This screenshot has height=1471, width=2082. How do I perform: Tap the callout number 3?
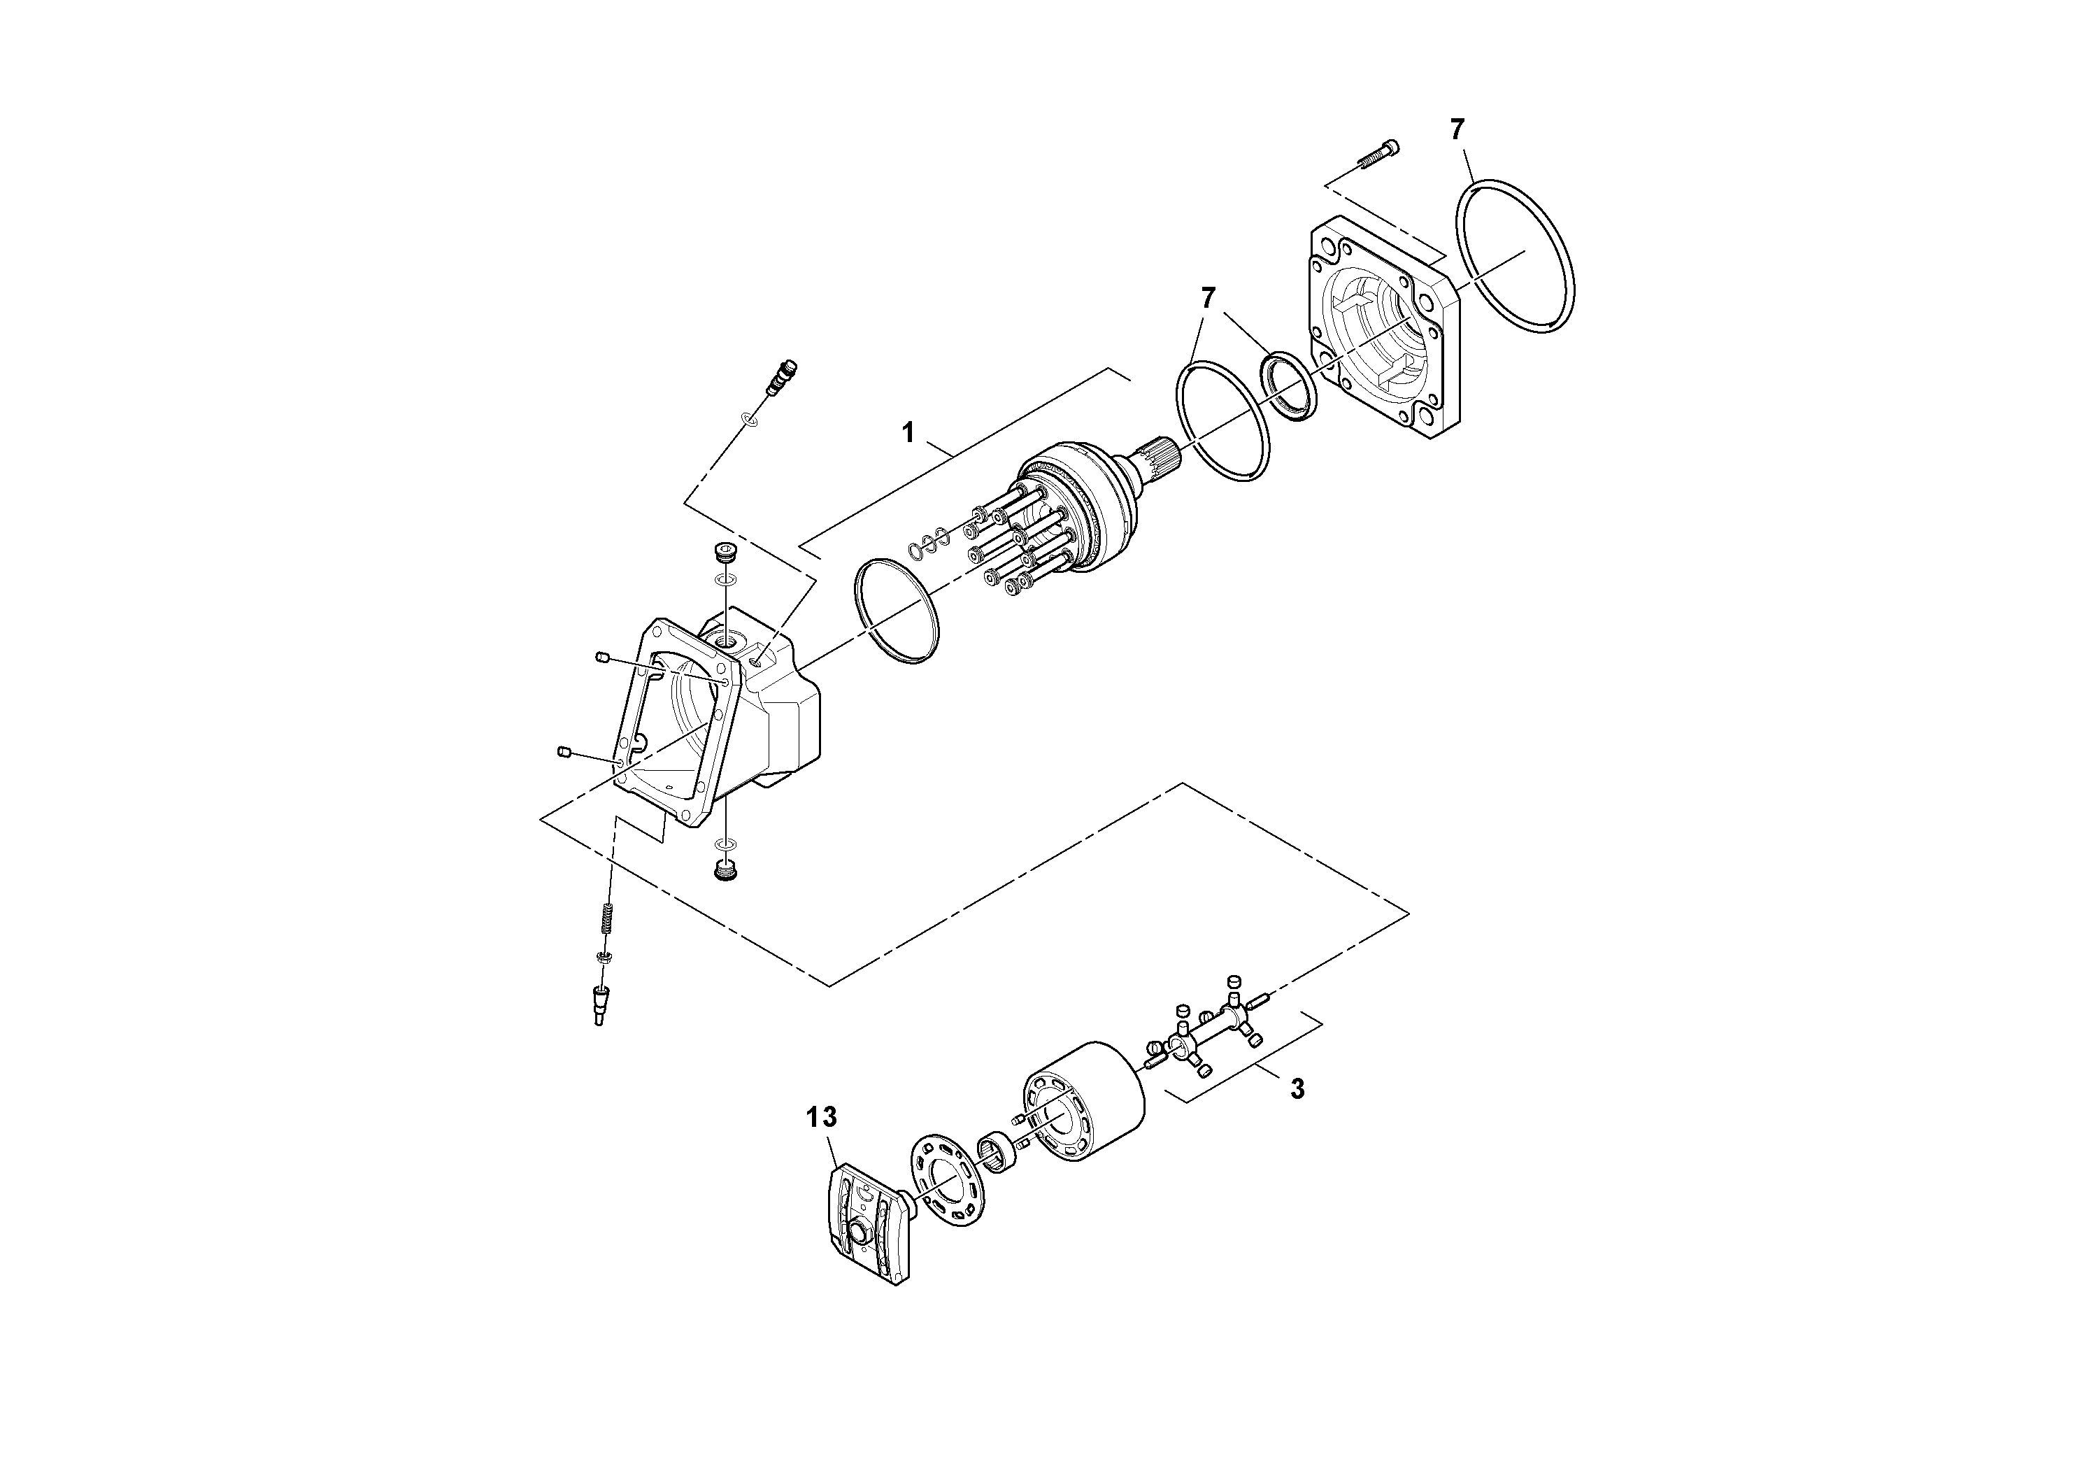coord(1297,1088)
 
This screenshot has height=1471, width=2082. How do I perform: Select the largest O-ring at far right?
coord(1516,257)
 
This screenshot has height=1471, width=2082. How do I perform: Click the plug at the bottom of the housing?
coord(725,871)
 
